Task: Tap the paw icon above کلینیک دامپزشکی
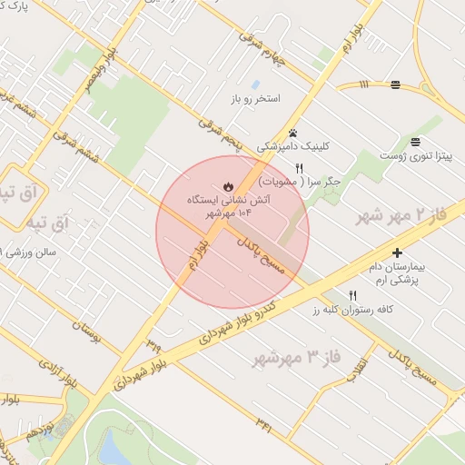pos(292,133)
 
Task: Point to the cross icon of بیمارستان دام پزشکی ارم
pos(397,252)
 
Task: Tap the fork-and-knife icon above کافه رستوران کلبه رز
pos(353,295)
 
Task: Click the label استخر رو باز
pos(280,97)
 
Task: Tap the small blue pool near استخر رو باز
pos(255,84)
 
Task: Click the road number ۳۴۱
pos(264,423)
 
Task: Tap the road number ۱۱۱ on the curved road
pos(364,84)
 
